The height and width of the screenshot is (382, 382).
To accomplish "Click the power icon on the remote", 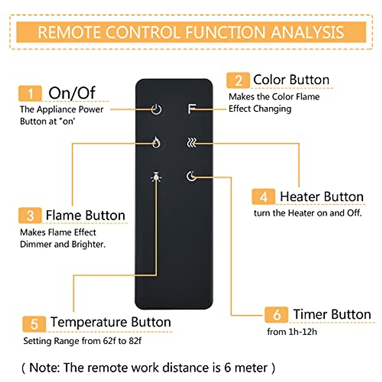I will coord(156,110).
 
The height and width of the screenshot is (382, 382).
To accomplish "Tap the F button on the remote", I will coord(191,109).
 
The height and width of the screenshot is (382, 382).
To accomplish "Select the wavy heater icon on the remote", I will coord(191,143).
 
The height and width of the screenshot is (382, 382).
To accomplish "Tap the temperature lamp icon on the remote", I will coord(156,177).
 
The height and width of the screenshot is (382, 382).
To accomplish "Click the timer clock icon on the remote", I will coord(191,176).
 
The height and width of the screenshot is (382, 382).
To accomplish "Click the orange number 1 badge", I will coord(30,94).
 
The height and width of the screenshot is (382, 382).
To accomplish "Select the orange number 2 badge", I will coord(238,81).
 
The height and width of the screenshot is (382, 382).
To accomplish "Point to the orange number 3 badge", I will coord(30,216).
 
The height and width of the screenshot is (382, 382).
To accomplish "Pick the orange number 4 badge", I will coord(264,197).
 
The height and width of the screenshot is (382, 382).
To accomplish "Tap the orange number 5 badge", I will coord(34,324).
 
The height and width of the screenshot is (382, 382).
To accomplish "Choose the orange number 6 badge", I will coord(277,315).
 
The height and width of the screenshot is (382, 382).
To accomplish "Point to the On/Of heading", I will coord(72,93).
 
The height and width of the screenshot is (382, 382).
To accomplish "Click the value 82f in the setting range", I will coord(135,341).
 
